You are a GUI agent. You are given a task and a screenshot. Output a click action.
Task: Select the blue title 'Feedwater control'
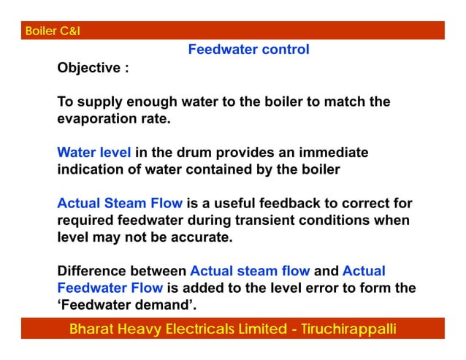click(x=248, y=50)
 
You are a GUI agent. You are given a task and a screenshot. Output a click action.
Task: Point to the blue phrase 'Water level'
click(x=94, y=153)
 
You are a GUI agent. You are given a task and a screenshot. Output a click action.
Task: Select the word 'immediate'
click(x=332, y=153)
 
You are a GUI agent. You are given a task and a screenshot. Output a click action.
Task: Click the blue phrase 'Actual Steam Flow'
click(x=121, y=203)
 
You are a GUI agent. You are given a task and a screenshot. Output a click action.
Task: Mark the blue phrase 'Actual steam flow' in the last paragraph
click(x=250, y=272)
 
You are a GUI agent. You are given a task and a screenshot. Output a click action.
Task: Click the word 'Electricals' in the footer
click(x=208, y=329)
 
